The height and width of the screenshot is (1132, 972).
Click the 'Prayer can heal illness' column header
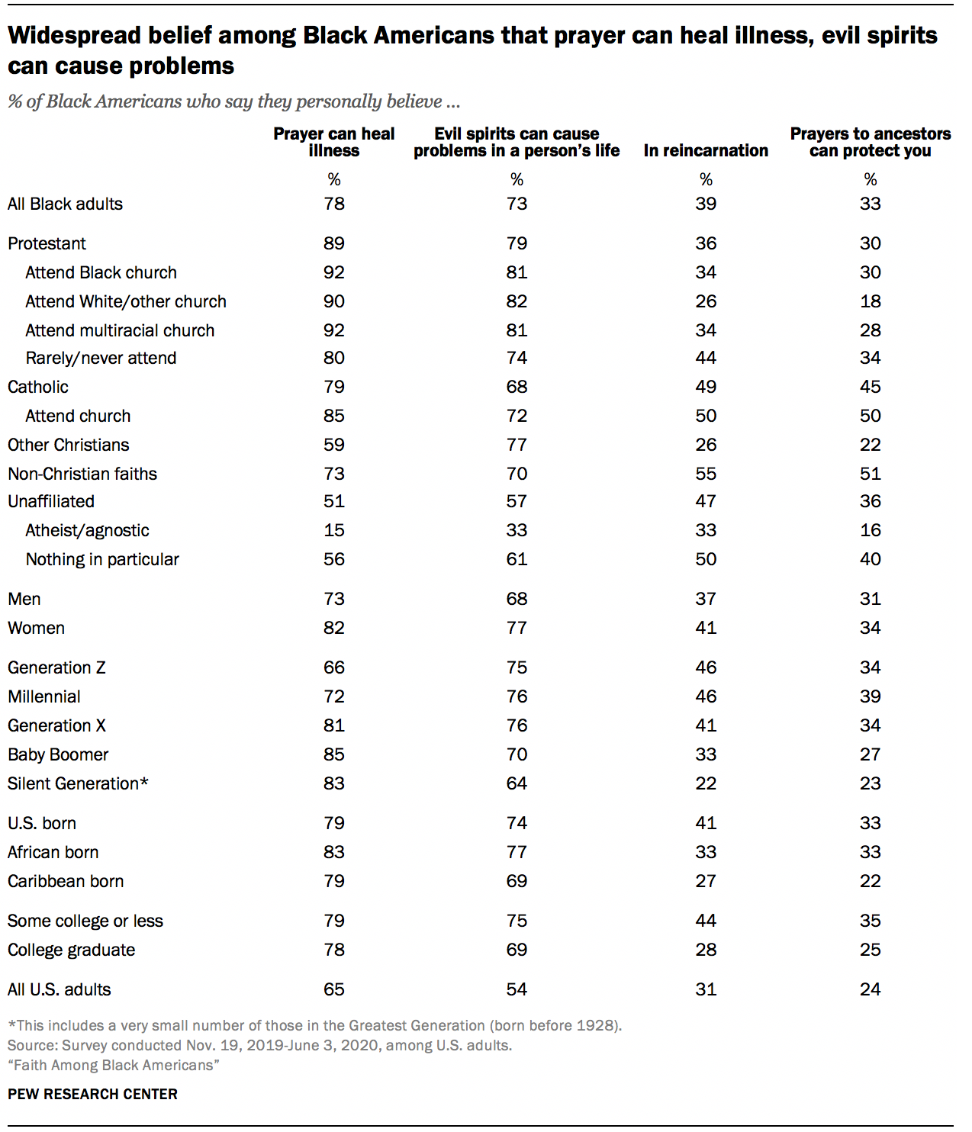(x=333, y=142)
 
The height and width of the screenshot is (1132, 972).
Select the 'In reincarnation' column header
(x=706, y=150)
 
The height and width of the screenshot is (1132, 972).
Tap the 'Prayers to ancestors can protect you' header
(x=870, y=142)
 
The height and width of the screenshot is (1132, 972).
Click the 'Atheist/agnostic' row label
(x=87, y=530)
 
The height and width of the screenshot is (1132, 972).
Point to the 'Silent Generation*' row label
(x=78, y=783)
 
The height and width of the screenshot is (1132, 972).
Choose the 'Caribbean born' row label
(x=66, y=881)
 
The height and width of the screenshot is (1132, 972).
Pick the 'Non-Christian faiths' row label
(x=82, y=474)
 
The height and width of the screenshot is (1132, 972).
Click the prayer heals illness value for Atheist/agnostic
(x=334, y=530)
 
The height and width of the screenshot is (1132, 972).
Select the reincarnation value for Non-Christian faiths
(x=706, y=474)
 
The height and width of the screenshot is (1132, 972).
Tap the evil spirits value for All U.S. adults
(x=517, y=989)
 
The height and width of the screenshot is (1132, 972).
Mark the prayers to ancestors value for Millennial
(x=870, y=696)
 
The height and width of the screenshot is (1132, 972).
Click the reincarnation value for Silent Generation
(x=706, y=783)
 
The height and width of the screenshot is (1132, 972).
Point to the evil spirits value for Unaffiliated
(x=517, y=501)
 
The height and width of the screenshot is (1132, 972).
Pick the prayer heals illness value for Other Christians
(x=334, y=445)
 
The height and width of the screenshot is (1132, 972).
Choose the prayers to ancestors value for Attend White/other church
(x=870, y=301)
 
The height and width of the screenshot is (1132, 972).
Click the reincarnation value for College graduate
(x=706, y=950)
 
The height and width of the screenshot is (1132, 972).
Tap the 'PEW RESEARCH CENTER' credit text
(x=92, y=1094)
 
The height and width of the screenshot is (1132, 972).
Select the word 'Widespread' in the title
(x=75, y=35)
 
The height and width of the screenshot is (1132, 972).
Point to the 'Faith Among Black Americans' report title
(x=113, y=1065)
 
